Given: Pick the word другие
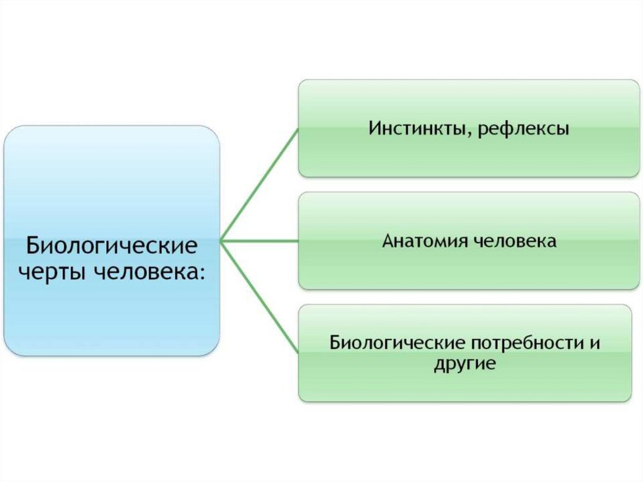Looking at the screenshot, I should point(465,364).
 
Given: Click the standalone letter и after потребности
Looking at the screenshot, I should point(595,344).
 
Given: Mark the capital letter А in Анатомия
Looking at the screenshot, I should point(388,241).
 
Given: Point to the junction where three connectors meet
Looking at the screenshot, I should point(222,241).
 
